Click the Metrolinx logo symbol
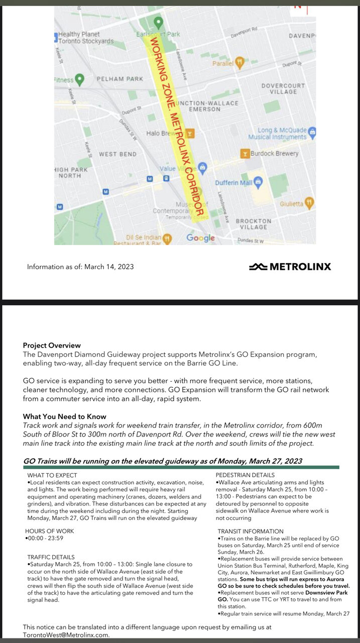258,266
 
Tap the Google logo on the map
200,238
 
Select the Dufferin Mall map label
234,183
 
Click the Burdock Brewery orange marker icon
245,153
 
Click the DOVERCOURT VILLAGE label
283,89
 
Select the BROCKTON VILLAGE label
254,224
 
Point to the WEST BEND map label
118,154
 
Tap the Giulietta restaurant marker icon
309,203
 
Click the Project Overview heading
52,346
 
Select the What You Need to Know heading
64,416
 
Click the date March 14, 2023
109,267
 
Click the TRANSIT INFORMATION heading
251,531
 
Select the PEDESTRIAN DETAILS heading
245,475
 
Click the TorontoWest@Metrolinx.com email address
66,635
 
